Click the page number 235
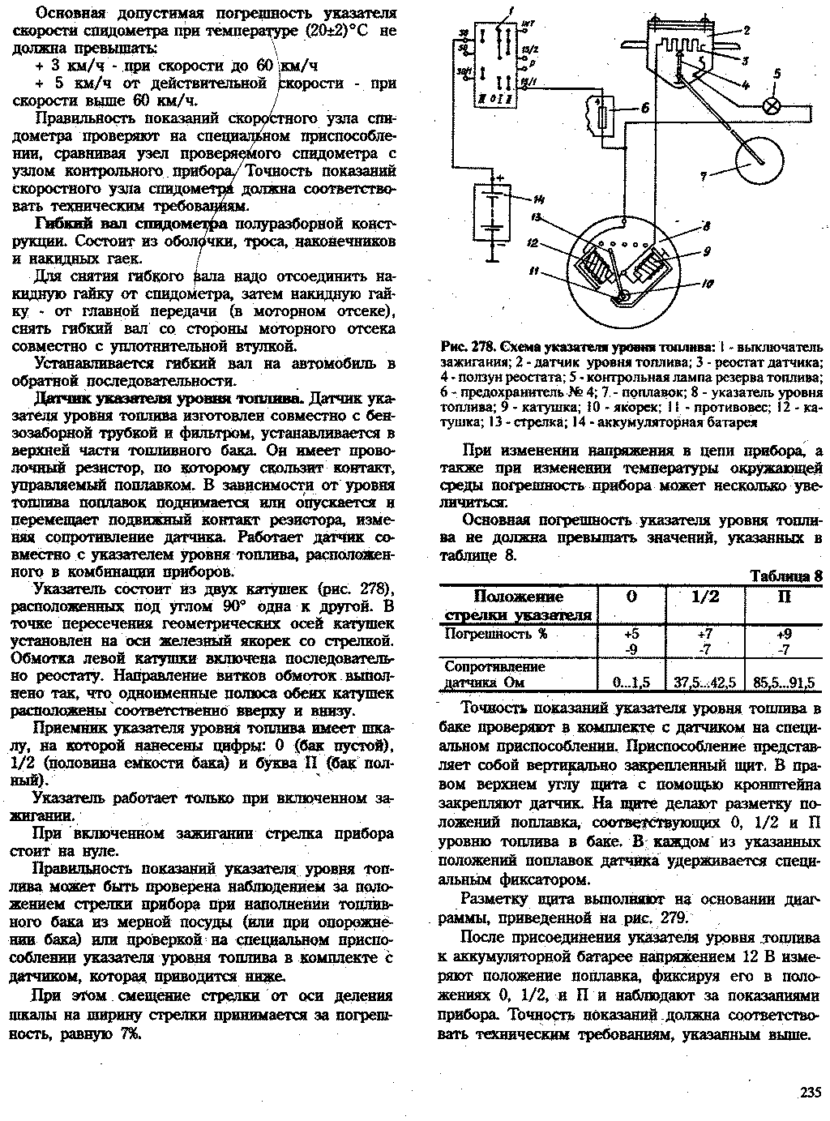click(810, 1091)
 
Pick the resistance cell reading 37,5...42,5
click(704, 682)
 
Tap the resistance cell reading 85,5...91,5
click(784, 682)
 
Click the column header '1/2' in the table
click(704, 597)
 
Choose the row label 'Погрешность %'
click(495, 634)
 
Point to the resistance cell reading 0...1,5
click(631, 682)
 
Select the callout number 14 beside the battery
click(539, 199)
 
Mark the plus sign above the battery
click(500, 177)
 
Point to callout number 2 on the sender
click(747, 31)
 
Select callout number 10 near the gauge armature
click(708, 285)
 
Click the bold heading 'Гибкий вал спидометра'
click(132, 224)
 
